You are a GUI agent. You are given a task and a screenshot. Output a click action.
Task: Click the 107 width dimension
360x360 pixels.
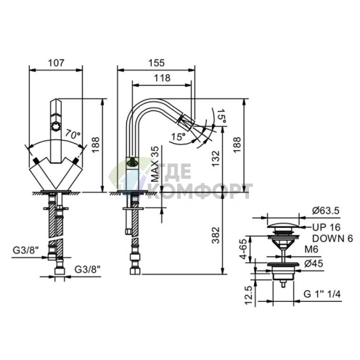56,63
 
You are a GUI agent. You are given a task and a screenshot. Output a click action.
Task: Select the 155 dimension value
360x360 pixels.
156,63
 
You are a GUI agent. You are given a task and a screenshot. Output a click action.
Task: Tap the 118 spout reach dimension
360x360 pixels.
162,78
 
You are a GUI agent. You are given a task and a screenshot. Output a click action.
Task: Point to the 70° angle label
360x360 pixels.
73,134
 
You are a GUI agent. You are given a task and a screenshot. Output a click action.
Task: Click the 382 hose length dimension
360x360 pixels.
216,235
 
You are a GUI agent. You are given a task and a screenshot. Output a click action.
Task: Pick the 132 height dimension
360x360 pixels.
216,158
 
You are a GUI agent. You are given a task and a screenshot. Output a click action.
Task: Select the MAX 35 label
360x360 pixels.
155,164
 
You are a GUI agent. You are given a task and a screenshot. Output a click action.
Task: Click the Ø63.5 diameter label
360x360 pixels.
326,210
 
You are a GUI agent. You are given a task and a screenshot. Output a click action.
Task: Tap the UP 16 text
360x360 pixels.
326,227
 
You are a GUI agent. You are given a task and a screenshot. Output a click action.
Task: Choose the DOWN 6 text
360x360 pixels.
332,239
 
